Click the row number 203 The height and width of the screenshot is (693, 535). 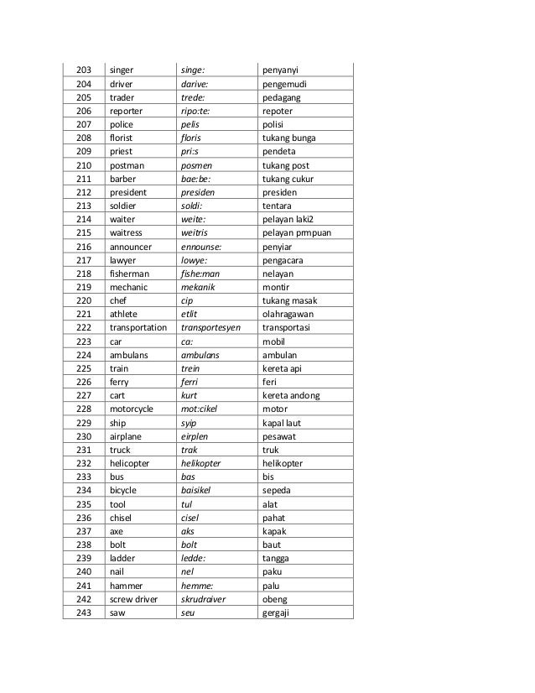point(83,70)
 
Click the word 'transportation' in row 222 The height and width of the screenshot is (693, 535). point(138,328)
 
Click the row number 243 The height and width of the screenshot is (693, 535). point(83,611)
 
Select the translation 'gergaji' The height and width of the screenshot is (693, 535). point(278,611)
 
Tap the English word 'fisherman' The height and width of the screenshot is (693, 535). point(128,274)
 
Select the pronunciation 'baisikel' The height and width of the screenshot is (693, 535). point(199,490)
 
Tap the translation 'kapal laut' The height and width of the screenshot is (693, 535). point(284,422)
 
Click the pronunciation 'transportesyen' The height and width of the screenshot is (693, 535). point(214,328)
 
